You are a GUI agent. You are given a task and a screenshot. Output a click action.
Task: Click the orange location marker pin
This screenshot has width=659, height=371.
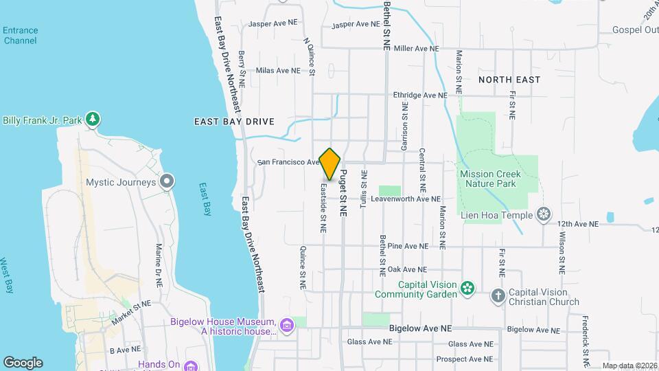pos(330,164)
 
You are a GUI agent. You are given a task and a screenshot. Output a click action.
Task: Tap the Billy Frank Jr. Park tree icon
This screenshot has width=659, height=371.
pos(93,120)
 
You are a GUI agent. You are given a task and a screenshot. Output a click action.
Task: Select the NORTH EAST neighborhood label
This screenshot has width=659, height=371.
pos(509,80)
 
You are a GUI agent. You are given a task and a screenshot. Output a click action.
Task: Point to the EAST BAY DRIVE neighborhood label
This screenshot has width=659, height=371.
pos(234,122)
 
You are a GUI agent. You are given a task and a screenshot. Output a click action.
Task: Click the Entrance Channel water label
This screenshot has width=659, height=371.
pos(20,35)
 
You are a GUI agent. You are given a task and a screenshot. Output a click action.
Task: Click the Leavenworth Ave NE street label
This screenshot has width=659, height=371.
pos(406,199)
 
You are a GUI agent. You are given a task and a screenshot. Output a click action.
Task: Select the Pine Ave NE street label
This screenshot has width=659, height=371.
pos(408,245)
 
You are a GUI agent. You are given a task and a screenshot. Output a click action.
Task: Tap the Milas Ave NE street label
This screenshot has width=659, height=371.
pos(278,70)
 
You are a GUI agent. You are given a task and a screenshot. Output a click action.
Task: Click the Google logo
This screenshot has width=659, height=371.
pos(23,363)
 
